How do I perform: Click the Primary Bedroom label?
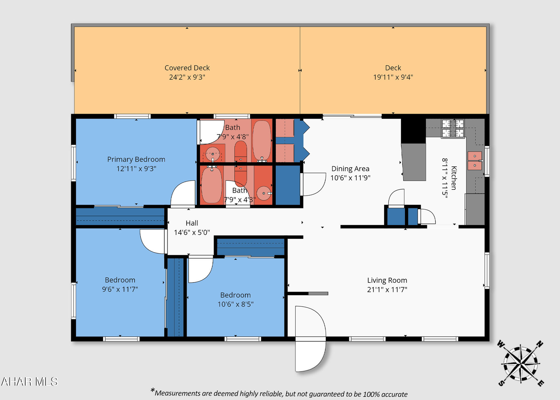tap(136, 159)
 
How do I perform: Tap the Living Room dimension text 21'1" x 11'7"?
tap(387, 290)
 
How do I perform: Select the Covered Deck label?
tap(187, 68)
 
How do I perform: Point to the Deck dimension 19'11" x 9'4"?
tap(393, 77)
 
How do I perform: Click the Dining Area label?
tap(350, 169)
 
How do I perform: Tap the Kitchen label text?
tap(454, 178)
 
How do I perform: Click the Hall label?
tap(192, 223)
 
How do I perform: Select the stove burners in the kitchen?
tap(453, 128)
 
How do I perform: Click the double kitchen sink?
tap(475, 161)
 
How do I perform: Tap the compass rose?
tap(520, 363)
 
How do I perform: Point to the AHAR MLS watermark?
tap(29, 382)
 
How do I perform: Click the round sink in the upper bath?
tap(213, 154)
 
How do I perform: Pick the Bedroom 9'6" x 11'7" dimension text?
tap(120, 289)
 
